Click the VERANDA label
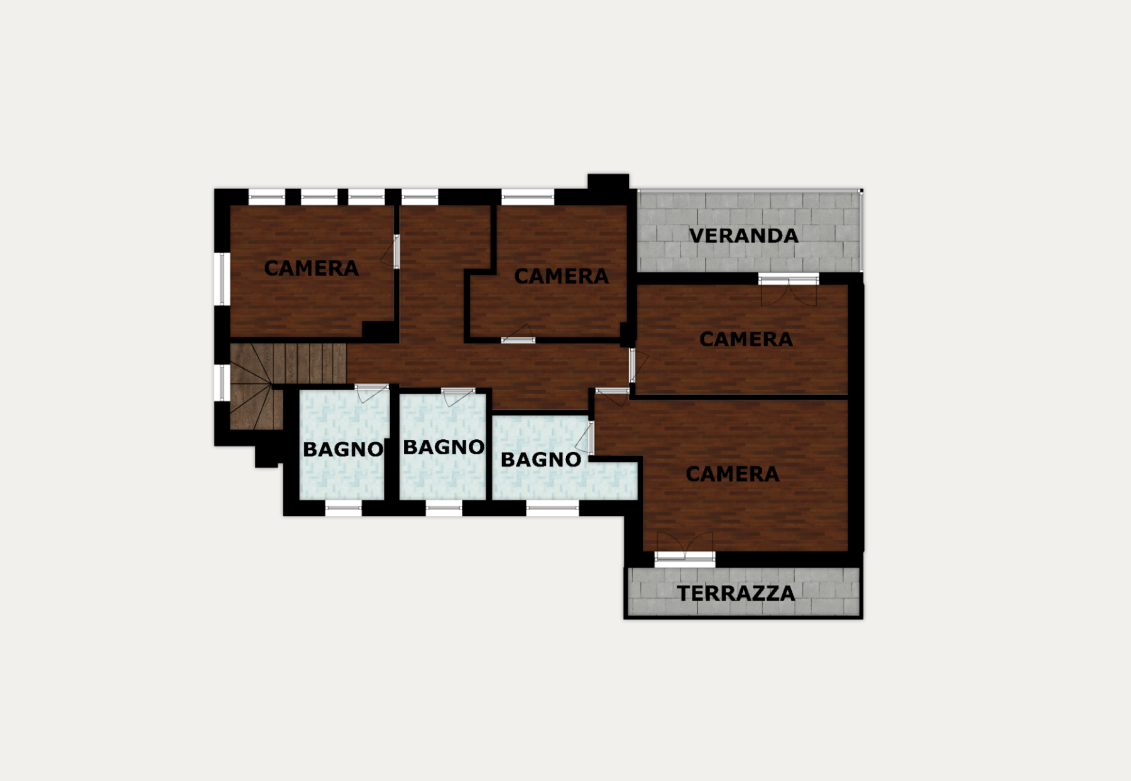(743, 236)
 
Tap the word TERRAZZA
(736, 593)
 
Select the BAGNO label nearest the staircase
(342, 449)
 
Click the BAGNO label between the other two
(444, 447)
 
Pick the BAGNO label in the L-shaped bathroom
(540, 459)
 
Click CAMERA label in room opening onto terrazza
(732, 474)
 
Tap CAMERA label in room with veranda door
(746, 339)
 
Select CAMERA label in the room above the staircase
(311, 268)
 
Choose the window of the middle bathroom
(444, 509)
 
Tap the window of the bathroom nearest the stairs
(343, 509)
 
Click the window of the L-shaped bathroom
(552, 509)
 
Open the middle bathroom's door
(457, 396)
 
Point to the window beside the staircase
(221, 382)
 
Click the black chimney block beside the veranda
(608, 182)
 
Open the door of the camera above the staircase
(391, 251)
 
